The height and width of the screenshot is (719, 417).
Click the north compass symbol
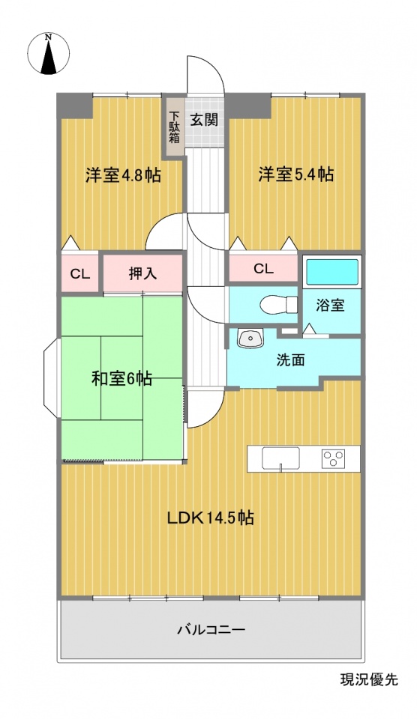pos(48,53)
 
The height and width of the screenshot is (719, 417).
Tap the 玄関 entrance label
pos(204,120)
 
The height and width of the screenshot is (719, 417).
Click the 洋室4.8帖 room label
pos(123,175)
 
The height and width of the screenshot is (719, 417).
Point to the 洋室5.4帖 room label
pos(296,175)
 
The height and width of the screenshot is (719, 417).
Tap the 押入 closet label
pos(142,273)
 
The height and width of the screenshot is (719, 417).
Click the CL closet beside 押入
pos(80,274)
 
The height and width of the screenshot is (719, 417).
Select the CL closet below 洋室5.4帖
pos(263,269)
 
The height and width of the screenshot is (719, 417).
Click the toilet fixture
pos(279,303)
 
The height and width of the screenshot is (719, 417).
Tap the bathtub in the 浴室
pos(332,272)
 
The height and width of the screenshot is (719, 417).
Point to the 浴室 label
pos(330,306)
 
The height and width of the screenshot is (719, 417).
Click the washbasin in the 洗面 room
pos(250,339)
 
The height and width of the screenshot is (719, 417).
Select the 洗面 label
pos(290,360)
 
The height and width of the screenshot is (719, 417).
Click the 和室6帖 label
pos(122,379)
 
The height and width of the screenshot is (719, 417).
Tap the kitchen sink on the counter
pos(280,458)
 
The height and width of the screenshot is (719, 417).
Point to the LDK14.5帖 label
pos(210,518)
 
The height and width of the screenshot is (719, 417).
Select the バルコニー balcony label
pos(211,630)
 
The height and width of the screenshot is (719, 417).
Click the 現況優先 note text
pos(369,679)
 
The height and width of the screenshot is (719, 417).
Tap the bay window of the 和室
pos(52,377)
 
